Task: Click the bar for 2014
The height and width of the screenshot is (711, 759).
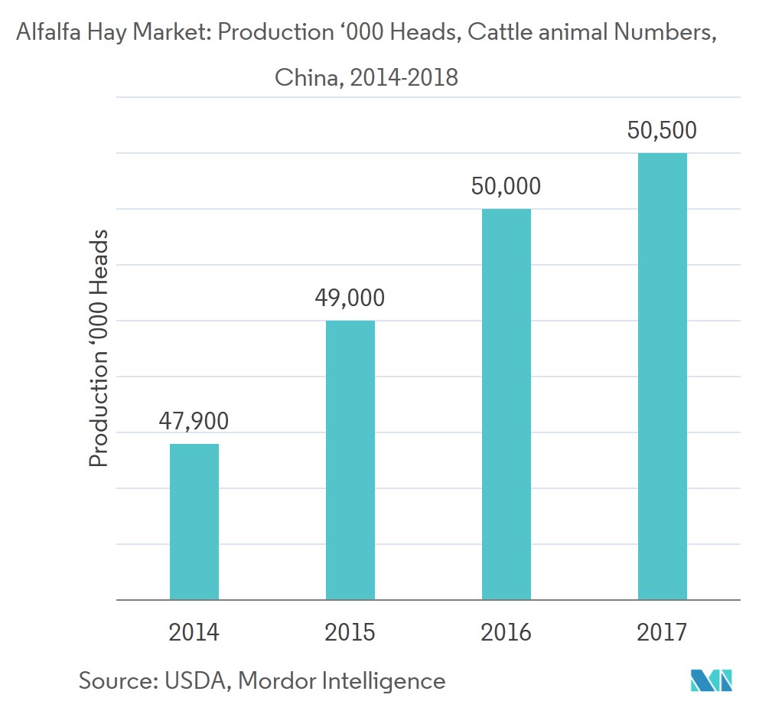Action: tap(194, 521)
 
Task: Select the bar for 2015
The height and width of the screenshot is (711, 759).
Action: tap(350, 459)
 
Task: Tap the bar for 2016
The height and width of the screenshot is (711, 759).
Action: tap(507, 403)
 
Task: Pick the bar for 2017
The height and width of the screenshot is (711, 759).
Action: tap(663, 376)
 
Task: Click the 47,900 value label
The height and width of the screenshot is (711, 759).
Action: tap(194, 420)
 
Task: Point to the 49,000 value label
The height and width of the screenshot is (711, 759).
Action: tap(350, 297)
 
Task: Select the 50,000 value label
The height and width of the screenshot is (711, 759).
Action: tap(507, 186)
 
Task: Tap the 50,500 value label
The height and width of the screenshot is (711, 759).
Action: tap(663, 130)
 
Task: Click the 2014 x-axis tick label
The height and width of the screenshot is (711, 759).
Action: tap(194, 632)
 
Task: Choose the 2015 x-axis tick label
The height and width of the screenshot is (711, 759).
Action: tap(350, 632)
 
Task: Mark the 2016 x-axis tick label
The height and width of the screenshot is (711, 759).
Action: tap(507, 632)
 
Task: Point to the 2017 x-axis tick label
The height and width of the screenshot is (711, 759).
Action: tap(663, 632)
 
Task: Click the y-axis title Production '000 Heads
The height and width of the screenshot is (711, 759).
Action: tap(99, 347)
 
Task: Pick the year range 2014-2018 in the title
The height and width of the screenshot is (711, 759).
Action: tap(404, 77)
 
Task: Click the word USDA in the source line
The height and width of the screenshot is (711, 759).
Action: tap(194, 680)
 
